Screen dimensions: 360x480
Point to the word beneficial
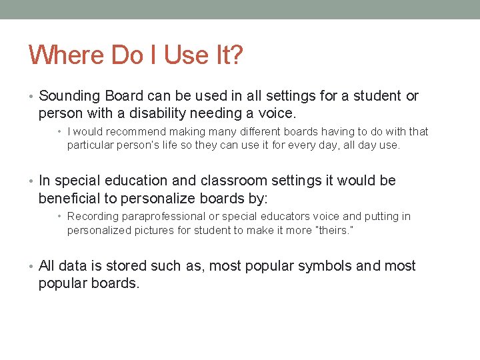click(70, 198)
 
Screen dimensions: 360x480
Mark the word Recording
click(92, 217)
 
